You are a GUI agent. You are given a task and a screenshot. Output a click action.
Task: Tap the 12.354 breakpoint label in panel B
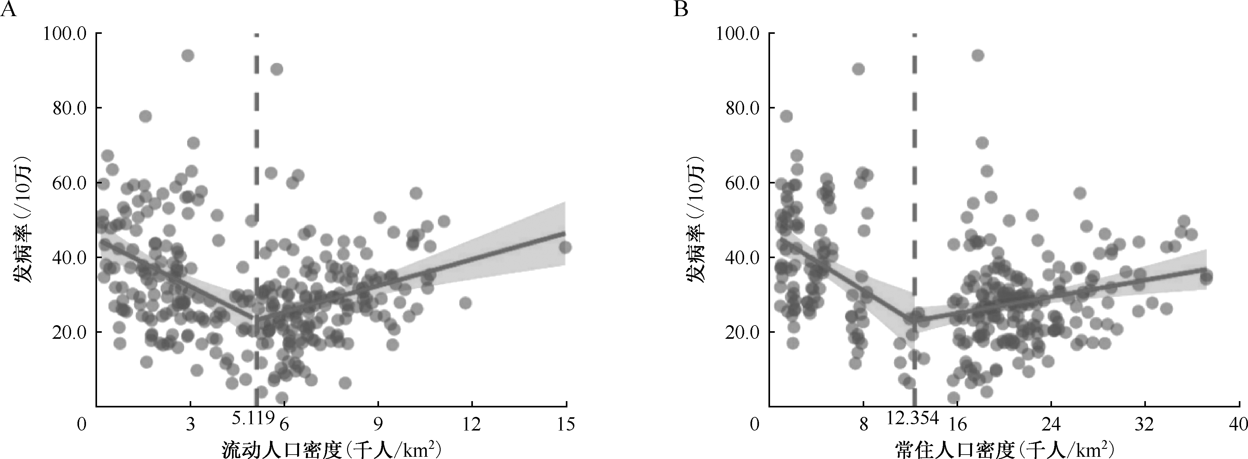coord(914,418)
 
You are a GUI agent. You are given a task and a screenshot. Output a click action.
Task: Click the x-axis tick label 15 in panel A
coord(566,425)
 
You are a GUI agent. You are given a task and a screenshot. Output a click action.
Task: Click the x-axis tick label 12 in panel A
coord(471,425)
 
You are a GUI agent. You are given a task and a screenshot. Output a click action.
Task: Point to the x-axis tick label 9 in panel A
coord(378,425)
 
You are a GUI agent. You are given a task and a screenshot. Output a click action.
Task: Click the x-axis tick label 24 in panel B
coord(1050,425)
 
